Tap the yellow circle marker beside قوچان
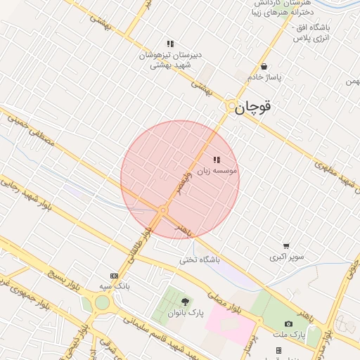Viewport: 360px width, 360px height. click(x=231, y=106)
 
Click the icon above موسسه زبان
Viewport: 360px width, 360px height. click(x=216, y=160)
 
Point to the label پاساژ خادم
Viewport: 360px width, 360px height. click(x=264, y=77)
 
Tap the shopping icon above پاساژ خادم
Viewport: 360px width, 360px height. click(x=264, y=67)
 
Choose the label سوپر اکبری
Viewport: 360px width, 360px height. click(x=287, y=257)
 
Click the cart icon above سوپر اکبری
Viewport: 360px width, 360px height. click(x=286, y=246)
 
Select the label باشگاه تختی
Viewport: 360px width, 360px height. click(x=199, y=259)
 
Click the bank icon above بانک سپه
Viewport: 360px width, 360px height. click(x=114, y=276)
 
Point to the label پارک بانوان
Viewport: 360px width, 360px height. click(x=186, y=312)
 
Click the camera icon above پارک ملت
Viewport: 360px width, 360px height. click(x=288, y=323)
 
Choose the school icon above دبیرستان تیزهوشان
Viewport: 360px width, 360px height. click(x=170, y=44)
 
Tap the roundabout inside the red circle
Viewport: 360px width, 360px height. click(x=163, y=210)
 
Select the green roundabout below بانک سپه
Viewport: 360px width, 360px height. click(x=103, y=303)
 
